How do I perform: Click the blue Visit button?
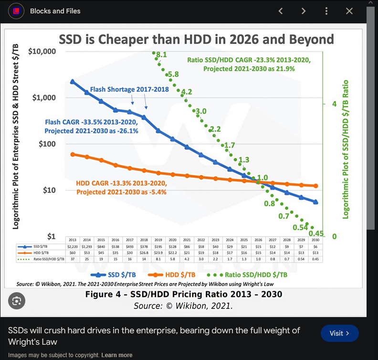[x=339, y=333]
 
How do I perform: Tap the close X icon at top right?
[x=349, y=11]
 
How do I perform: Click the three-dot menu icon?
[x=326, y=11]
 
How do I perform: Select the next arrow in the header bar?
[x=304, y=11]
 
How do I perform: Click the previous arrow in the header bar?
[x=281, y=11]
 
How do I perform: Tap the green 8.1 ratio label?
[x=161, y=55]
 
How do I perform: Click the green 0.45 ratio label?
[x=316, y=233]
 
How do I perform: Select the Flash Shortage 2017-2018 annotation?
[x=129, y=89]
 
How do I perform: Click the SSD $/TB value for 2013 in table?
[x=73, y=246]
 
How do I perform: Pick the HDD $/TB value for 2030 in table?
[x=315, y=253]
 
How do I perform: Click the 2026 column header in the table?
[x=258, y=240]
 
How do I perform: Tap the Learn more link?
[x=116, y=355]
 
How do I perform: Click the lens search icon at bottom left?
[x=17, y=301]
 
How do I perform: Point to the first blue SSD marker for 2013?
[x=73, y=82]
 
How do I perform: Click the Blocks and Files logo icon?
[x=16, y=11]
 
